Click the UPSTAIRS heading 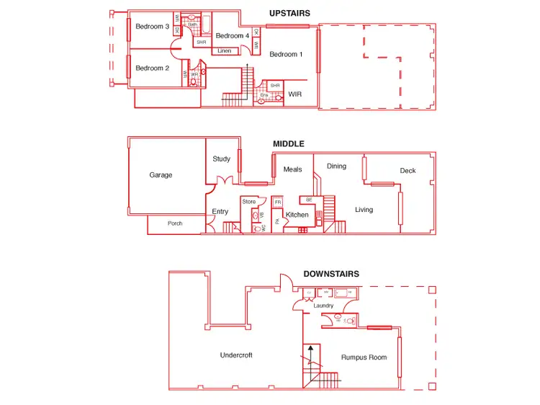[x=289, y=13]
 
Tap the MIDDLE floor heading [x=288, y=143]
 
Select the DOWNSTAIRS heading [x=331, y=274]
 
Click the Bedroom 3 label [x=153, y=27]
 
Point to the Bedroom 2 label [x=153, y=68]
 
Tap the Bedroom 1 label [x=286, y=54]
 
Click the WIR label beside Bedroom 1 [x=295, y=94]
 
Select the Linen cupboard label [x=225, y=51]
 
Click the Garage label [x=161, y=175]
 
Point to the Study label [x=221, y=159]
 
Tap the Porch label [x=175, y=223]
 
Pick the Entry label [x=220, y=212]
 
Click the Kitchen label [x=297, y=215]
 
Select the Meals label [x=293, y=170]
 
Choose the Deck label [x=408, y=171]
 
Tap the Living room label [x=364, y=210]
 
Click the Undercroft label [x=236, y=355]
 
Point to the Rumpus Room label [x=364, y=357]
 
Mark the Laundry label [x=324, y=306]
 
